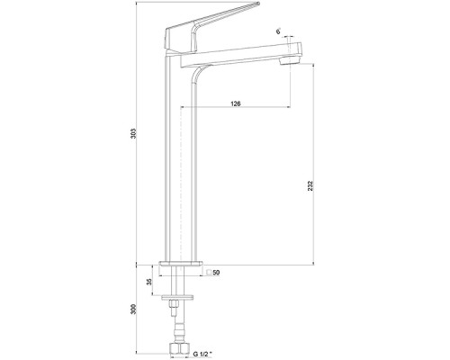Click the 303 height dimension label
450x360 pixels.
click(x=133, y=133)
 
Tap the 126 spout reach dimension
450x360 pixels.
click(x=236, y=103)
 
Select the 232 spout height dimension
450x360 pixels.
click(x=310, y=186)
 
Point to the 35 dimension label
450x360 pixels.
click(x=149, y=282)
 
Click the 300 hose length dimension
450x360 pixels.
click(x=133, y=310)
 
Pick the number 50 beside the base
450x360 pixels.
click(x=217, y=273)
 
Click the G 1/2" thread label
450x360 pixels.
click(x=202, y=354)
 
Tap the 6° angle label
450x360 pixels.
click(x=279, y=31)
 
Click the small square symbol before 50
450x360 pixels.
click(x=210, y=273)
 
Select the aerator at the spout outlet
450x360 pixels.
click(x=290, y=61)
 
